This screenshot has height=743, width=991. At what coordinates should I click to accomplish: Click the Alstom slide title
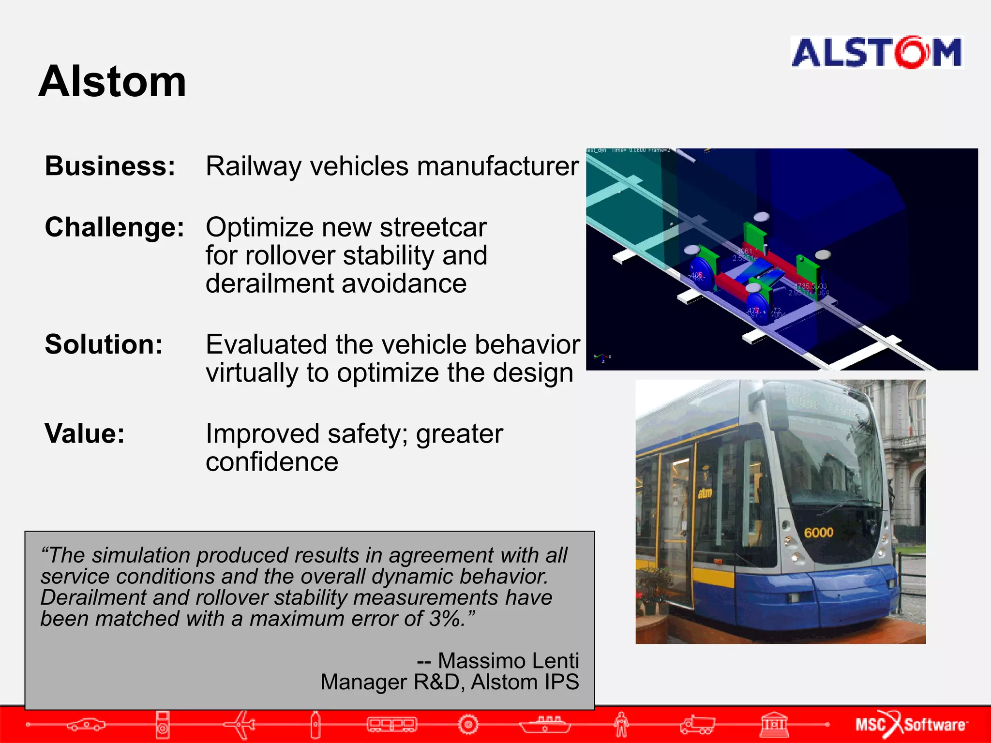coord(112,82)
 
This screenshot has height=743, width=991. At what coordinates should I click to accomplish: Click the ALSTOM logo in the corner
coord(876,52)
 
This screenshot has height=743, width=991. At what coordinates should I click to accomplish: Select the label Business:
coord(110,166)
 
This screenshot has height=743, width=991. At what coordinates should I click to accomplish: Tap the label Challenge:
coord(115,227)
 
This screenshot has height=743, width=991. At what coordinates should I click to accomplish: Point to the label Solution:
coord(104,344)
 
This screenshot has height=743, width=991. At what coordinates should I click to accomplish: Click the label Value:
coord(85,433)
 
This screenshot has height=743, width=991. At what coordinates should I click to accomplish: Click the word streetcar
coord(433,227)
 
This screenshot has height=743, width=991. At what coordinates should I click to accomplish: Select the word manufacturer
coord(498,166)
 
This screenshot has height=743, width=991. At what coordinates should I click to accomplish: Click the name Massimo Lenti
coord(508,661)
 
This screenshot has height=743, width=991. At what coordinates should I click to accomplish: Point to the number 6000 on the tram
coord(818,533)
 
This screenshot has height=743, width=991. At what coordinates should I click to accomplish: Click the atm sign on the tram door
coord(705,493)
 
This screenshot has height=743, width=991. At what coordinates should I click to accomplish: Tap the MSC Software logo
coord(911,724)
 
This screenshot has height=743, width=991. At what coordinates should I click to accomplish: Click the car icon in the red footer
coord(86,724)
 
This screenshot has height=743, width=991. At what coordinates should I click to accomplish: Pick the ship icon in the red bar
coord(545,724)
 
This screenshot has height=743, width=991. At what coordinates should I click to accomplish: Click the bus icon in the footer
coord(391,724)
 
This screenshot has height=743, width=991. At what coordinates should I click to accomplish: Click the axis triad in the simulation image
coord(602,358)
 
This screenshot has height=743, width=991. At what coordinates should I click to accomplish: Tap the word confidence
coord(272,462)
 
